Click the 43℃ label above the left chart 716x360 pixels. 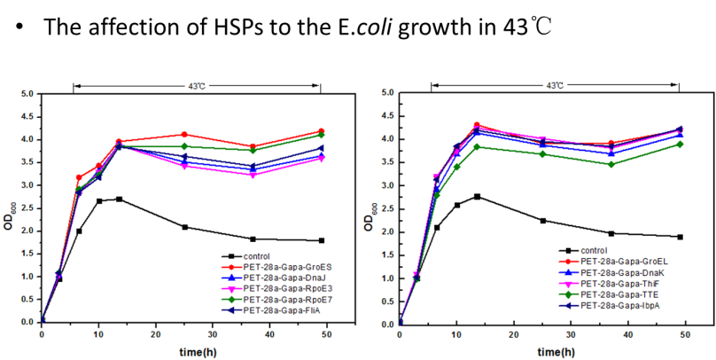pyautogui.click(x=197, y=86)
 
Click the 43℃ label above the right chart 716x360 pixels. pyautogui.click(x=555, y=86)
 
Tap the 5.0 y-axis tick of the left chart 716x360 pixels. pyautogui.click(x=27, y=93)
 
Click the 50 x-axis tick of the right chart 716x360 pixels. pyautogui.click(x=686, y=335)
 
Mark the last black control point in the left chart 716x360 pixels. pyautogui.click(x=321, y=240)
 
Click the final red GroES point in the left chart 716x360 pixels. pyautogui.click(x=321, y=131)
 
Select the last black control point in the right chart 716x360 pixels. pyautogui.click(x=679, y=237)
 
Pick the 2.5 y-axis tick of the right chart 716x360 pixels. pyautogui.click(x=385, y=209)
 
